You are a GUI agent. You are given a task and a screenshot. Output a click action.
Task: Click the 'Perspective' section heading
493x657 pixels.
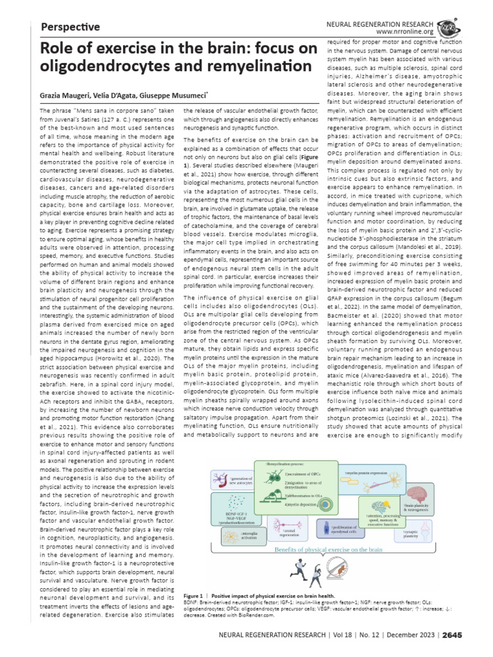70,27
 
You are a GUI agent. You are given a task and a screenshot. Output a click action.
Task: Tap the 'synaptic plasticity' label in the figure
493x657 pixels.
410,533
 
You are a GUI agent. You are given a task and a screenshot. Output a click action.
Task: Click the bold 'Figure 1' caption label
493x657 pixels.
195,597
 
